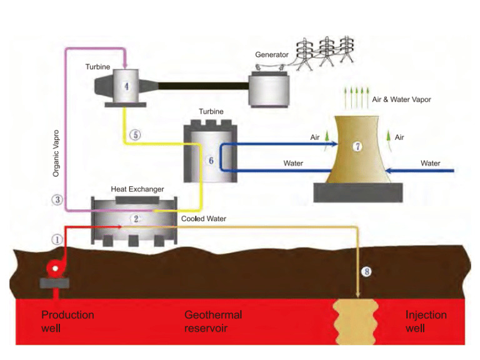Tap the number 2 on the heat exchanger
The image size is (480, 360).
click(134, 218)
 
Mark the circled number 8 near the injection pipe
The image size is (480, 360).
click(367, 272)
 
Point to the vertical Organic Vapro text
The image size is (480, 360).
click(56, 152)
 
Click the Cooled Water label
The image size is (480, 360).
click(204, 219)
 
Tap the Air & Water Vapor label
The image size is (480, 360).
click(401, 99)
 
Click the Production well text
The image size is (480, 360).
click(67, 321)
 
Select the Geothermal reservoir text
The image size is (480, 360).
click(213, 321)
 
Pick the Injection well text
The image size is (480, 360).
click(426, 321)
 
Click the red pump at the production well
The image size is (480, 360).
click(54, 268)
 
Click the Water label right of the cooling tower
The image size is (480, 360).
click(430, 163)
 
